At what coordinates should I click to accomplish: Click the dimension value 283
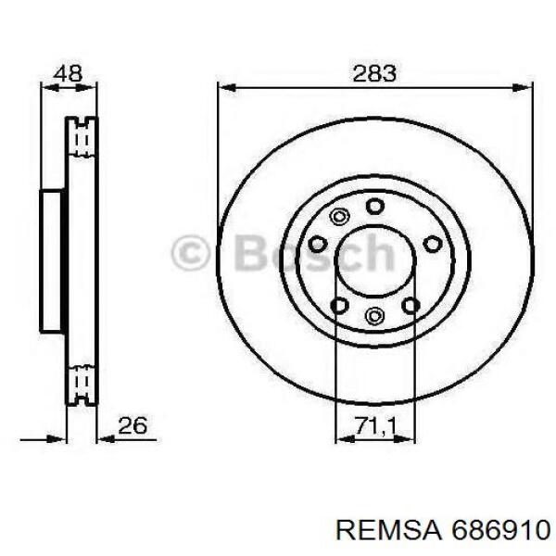[x=374, y=74]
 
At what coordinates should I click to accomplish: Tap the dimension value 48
[x=68, y=74]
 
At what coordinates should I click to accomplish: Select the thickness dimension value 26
[x=133, y=425]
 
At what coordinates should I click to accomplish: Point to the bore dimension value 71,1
[x=374, y=425]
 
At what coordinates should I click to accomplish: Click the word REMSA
[x=390, y=531]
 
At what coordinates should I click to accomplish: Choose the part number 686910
[x=500, y=531]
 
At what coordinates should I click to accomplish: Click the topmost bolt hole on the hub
[x=374, y=206]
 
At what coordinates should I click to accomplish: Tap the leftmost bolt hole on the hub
[x=317, y=244]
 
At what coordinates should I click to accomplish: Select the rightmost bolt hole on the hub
[x=433, y=244]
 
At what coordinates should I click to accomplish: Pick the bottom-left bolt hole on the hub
[x=339, y=305]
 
